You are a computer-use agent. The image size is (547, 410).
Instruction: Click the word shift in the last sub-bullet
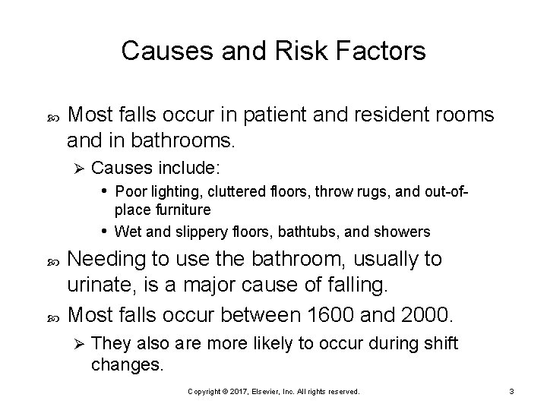(436, 344)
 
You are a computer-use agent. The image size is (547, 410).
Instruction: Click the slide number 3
(512, 391)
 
